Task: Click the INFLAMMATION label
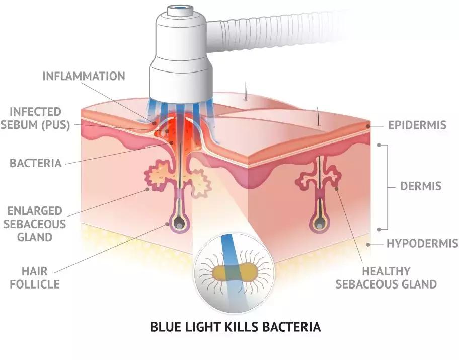point(84,77)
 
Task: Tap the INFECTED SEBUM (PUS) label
point(35,118)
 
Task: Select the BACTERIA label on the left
point(35,163)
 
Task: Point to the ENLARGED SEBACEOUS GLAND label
point(35,223)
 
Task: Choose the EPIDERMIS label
point(417,124)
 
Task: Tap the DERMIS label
point(420,186)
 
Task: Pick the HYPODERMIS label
point(422,244)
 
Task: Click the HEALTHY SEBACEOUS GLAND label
point(386,277)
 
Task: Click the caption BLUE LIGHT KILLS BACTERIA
point(236,327)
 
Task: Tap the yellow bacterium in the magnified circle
point(234,272)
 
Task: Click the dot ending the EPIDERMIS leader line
point(368,125)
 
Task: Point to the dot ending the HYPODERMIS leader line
point(369,244)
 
